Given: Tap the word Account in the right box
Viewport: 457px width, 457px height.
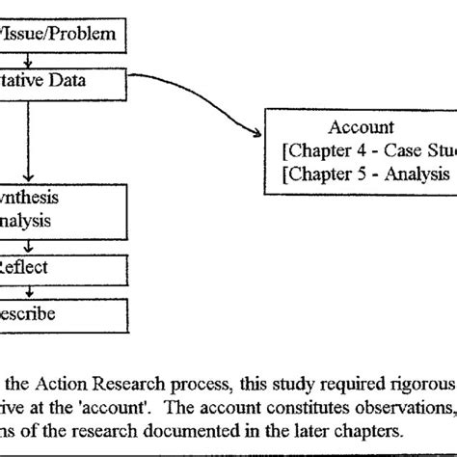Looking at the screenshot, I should [x=361, y=126].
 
